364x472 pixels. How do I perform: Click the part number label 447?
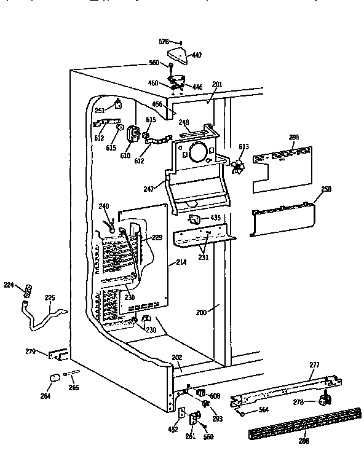click(197, 55)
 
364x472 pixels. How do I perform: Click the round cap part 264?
click(53, 377)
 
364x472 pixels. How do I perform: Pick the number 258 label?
click(326, 189)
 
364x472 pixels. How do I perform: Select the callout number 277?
click(314, 365)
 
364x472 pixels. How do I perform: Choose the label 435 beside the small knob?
click(215, 218)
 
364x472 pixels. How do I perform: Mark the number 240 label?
click(104, 206)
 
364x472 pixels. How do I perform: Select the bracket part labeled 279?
click(59, 355)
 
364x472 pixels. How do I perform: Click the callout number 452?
click(173, 430)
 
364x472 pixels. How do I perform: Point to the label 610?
click(125, 156)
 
